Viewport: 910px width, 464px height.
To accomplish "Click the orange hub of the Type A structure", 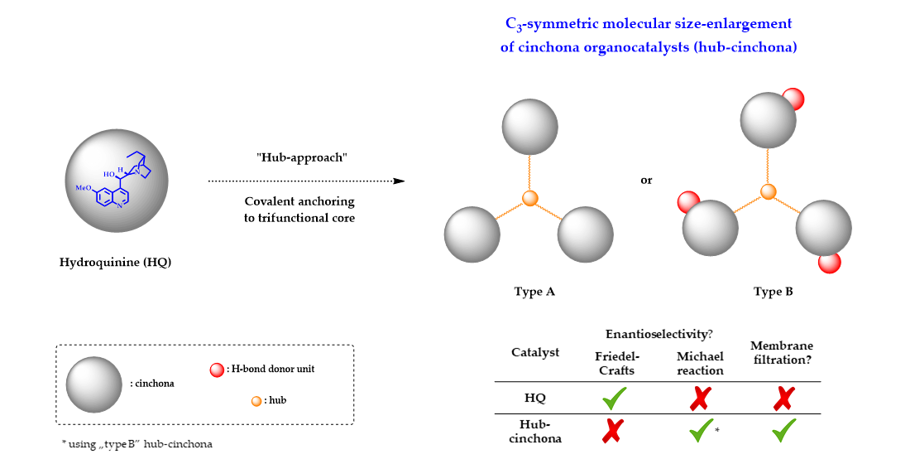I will point(531,198).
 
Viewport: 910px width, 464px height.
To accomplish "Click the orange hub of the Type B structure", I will point(769,192).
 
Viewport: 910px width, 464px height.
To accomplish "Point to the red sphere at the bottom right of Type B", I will point(829,262).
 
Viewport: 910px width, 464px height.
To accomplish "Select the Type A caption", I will point(530,292).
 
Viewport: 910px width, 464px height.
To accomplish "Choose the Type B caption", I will point(773,292).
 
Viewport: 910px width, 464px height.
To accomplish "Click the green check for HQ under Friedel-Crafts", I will point(615,399).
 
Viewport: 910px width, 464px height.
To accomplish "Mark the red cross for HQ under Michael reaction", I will point(699,399).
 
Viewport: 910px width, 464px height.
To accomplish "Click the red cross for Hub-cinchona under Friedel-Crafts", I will point(615,431).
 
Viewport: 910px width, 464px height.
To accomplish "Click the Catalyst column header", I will point(535,352).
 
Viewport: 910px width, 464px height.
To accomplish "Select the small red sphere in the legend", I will point(218,369).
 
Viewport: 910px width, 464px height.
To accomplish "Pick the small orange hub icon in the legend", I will point(256,401).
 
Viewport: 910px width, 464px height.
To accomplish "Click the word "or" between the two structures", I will point(647,180).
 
